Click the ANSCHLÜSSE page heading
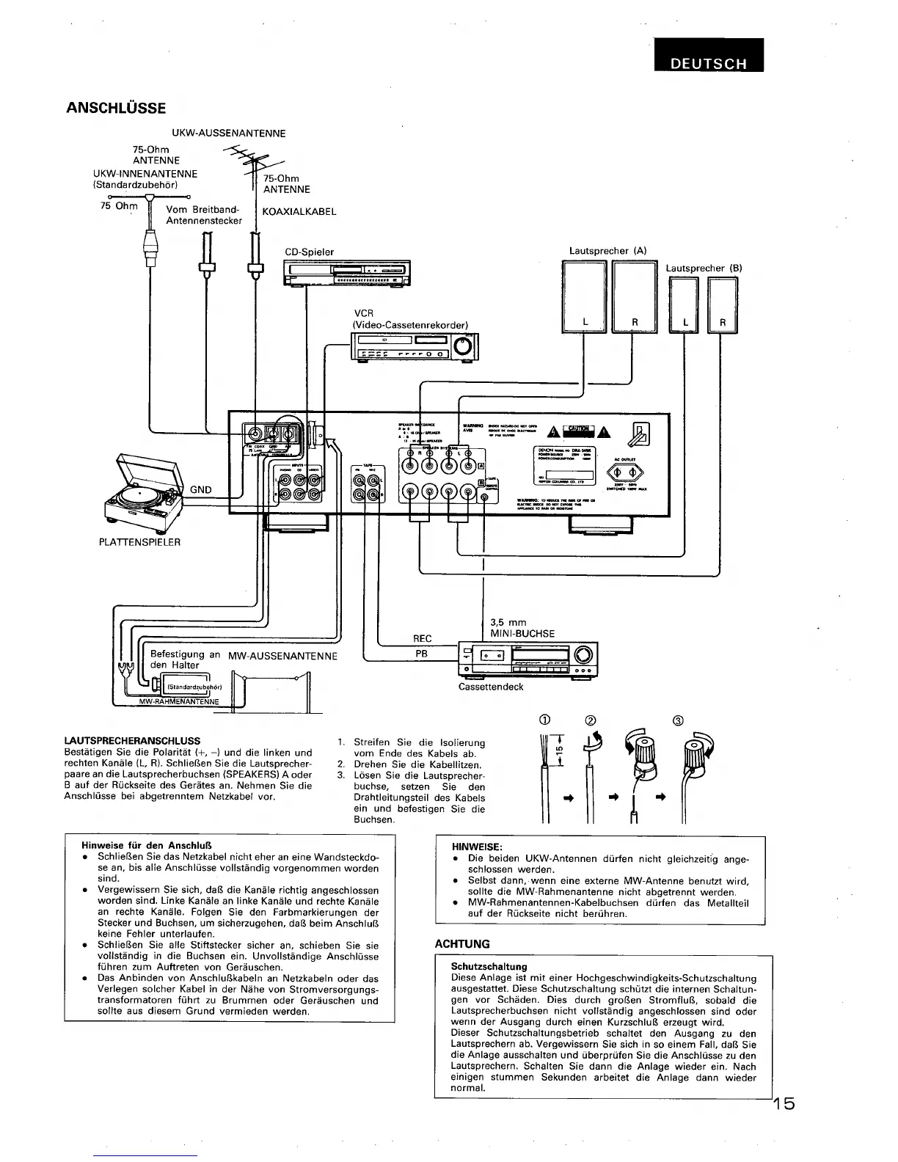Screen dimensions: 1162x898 [116, 108]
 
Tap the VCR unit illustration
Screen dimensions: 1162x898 [415, 347]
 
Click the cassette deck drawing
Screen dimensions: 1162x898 [527, 659]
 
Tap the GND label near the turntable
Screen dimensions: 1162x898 [201, 489]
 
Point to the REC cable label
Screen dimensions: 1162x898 [423, 638]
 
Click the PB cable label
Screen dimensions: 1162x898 [422, 652]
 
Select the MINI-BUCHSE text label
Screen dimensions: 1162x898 [522, 634]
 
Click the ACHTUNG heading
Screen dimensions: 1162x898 [462, 943]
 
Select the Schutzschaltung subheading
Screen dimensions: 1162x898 [489, 967]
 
